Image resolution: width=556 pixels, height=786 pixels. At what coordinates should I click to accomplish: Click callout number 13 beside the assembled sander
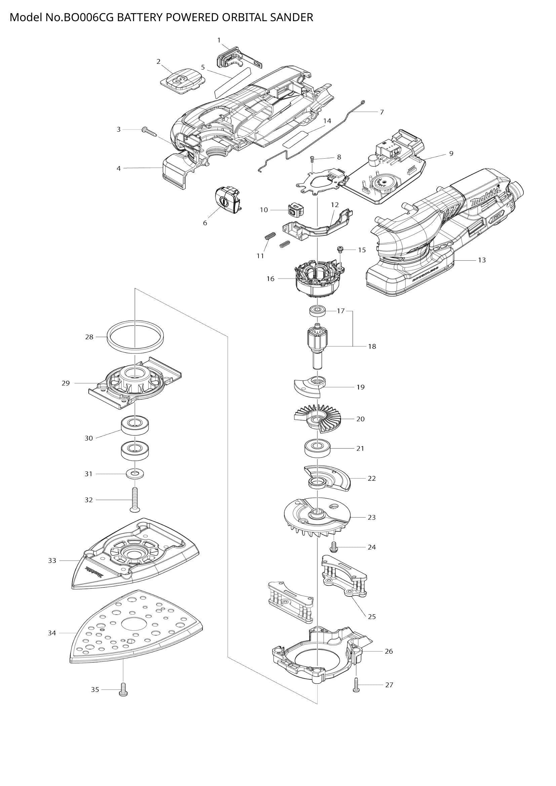pyautogui.click(x=481, y=260)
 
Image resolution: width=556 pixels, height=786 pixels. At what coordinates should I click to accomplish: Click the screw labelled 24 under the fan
pyautogui.click(x=334, y=547)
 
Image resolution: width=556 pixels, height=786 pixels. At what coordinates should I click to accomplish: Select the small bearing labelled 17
pyautogui.click(x=318, y=311)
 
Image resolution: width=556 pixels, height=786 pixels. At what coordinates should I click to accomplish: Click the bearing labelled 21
pyautogui.click(x=318, y=448)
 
